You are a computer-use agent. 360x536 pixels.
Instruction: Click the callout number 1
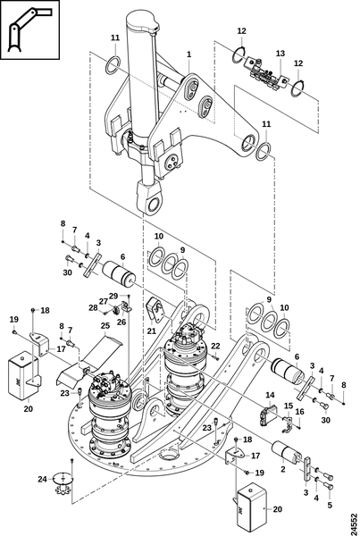[188, 54]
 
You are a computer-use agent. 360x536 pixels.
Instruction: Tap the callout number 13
[280, 54]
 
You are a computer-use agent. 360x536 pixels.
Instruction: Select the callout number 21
[152, 331]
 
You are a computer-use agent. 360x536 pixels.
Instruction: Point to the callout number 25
[105, 325]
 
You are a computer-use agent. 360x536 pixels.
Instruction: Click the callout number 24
[42, 479]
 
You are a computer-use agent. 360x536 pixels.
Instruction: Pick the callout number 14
[270, 395]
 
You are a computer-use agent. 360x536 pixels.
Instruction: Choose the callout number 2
[283, 469]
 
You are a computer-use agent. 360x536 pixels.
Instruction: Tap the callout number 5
[330, 505]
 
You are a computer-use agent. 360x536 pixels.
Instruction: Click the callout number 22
[215, 346]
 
